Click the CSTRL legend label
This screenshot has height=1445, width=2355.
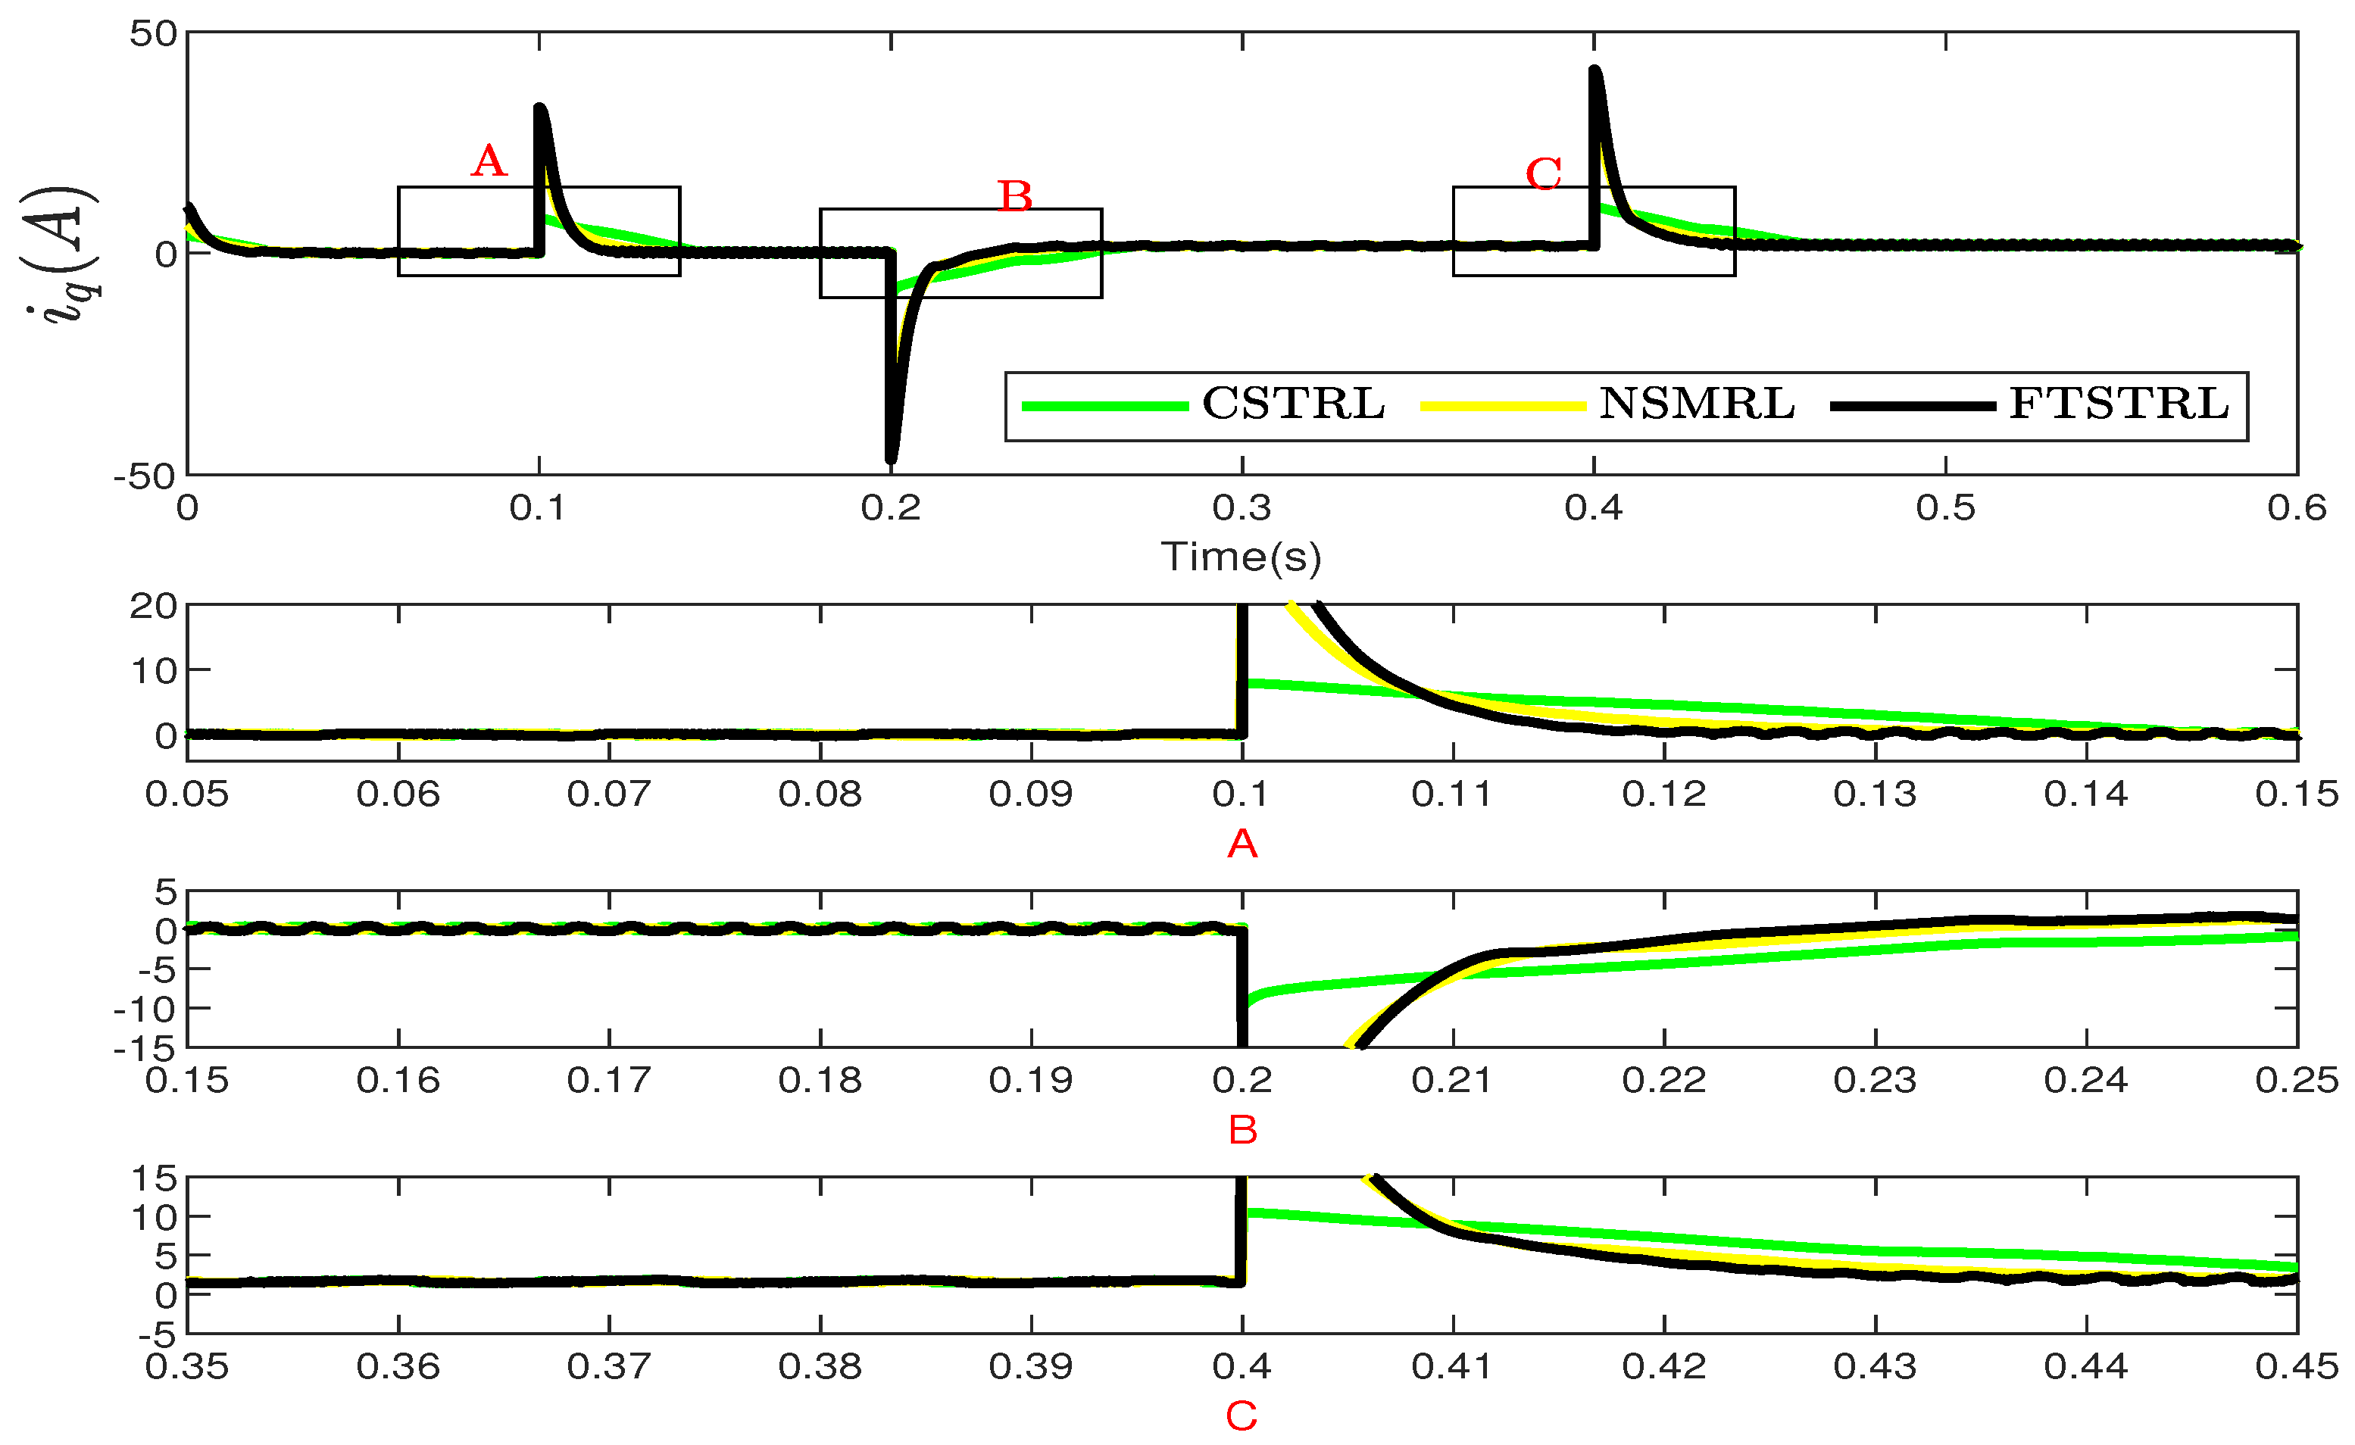(1293, 404)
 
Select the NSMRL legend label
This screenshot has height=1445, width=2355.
(1697, 404)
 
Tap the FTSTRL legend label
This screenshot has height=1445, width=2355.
(2119, 404)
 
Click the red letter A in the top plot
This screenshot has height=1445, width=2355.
(489, 161)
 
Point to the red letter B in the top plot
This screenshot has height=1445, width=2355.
(1015, 197)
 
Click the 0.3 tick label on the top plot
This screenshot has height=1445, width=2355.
(1242, 508)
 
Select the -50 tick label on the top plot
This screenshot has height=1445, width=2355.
(145, 476)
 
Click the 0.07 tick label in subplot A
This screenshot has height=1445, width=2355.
(609, 794)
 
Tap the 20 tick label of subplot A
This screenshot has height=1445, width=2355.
(153, 606)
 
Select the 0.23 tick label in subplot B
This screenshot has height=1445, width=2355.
(1876, 1081)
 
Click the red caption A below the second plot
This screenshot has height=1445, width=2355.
(1242, 844)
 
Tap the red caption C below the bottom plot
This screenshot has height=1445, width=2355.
(1241, 1415)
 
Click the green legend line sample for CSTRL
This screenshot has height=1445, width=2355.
(1104, 406)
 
